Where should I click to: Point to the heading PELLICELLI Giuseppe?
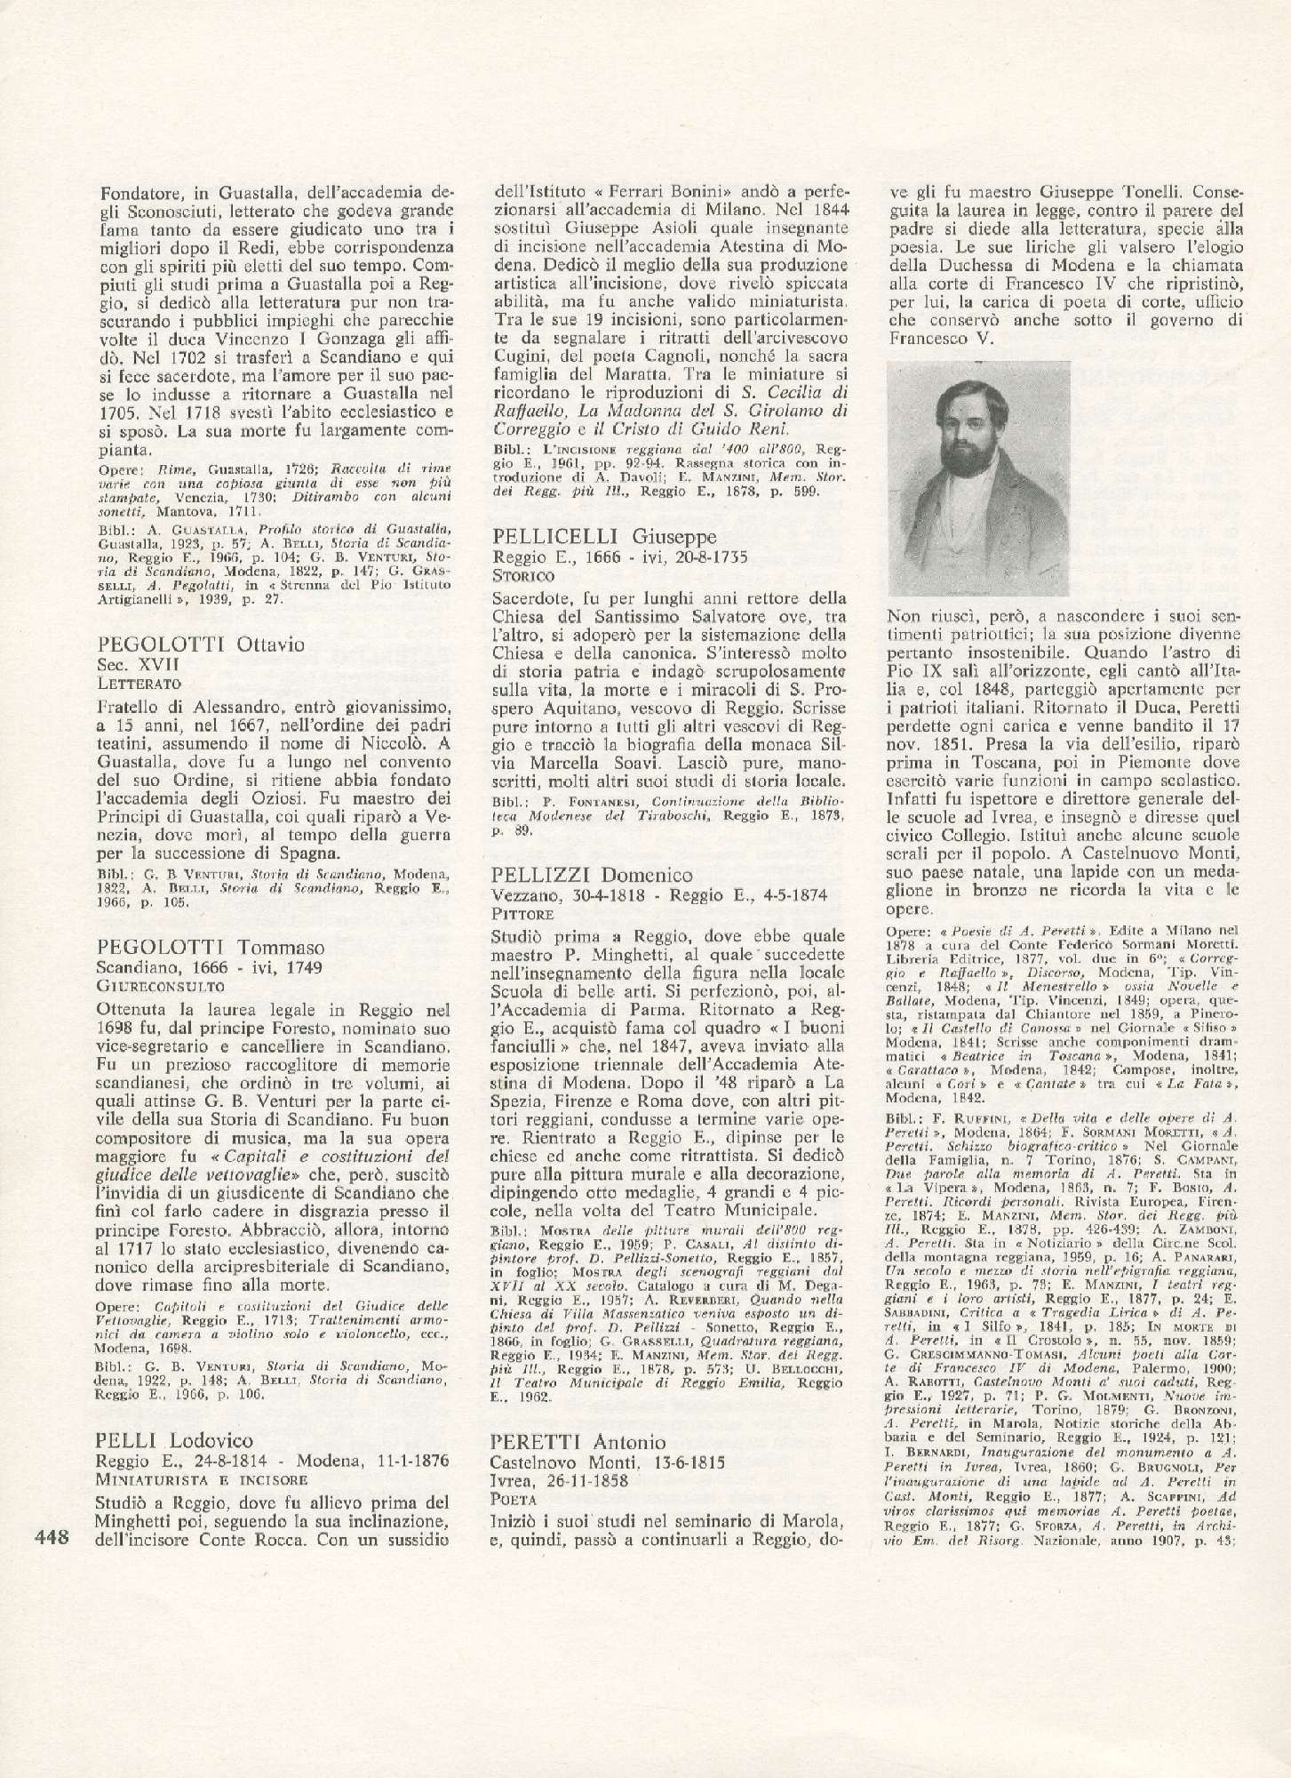(603, 537)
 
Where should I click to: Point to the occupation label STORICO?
(522, 575)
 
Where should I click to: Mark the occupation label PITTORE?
(522, 913)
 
